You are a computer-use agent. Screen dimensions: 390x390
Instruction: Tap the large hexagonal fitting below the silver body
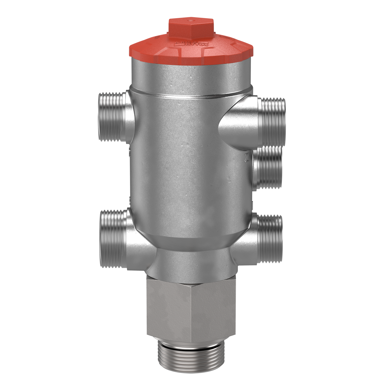pos(191,311)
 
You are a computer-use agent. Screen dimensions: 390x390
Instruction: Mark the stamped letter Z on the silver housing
pos(246,158)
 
